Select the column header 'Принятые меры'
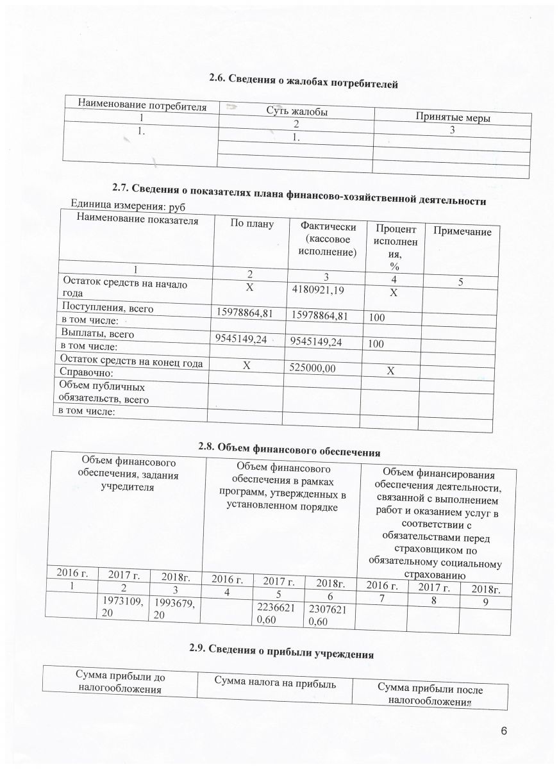[453, 118]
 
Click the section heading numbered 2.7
[299, 192]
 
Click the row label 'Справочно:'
[86, 372]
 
